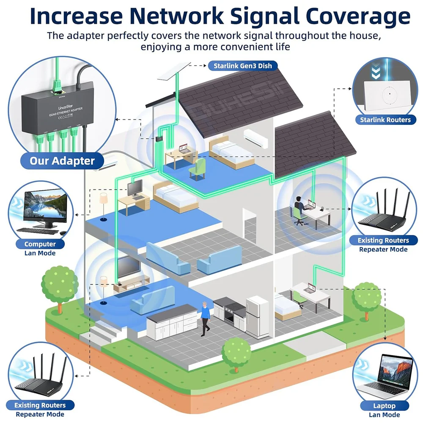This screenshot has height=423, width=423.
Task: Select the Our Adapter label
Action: (62, 161)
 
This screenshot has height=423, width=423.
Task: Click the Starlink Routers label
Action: (385, 120)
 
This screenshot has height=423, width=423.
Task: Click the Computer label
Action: (40, 244)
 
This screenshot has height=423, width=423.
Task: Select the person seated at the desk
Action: (299, 209)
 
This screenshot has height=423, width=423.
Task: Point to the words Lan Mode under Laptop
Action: (384, 415)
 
